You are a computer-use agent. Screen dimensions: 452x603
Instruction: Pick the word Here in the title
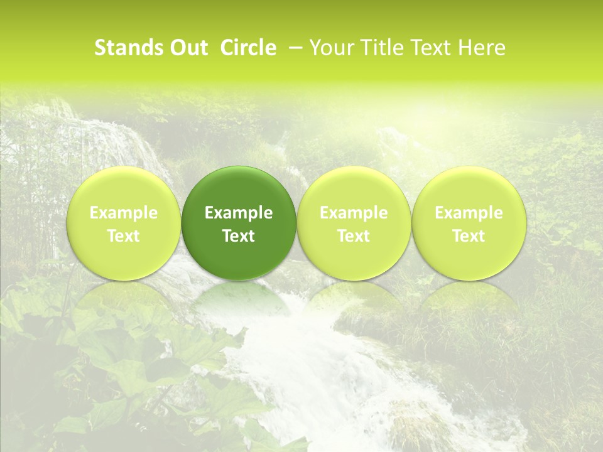[x=483, y=48]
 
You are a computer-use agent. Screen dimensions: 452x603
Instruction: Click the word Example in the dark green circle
[x=239, y=213]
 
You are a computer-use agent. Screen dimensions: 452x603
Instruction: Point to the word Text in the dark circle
[x=239, y=236]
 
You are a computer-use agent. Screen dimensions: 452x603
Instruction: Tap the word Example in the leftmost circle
[x=124, y=213]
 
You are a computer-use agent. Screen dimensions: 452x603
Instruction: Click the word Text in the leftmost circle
[x=124, y=236]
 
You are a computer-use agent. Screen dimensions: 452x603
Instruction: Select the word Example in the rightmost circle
[x=469, y=213]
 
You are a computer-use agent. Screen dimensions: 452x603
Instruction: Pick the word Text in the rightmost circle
[x=469, y=236]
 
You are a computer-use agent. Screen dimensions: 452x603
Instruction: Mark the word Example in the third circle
[x=354, y=213]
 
